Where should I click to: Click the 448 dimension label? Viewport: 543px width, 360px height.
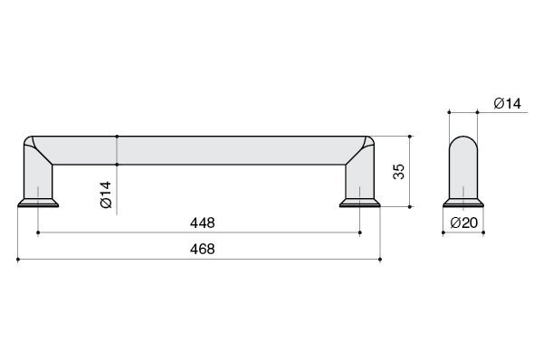click(202, 223)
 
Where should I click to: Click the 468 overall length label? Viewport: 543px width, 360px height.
click(202, 249)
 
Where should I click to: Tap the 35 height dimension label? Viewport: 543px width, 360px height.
click(399, 171)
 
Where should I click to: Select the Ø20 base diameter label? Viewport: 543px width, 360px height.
click(464, 223)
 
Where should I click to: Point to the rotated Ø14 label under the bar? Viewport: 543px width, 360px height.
click(106, 194)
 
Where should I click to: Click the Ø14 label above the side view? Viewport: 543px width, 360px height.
click(508, 103)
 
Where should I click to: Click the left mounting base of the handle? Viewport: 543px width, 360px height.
click(38, 203)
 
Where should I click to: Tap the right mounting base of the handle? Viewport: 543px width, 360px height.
click(360, 203)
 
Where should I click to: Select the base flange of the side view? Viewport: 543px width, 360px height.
click(463, 203)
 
